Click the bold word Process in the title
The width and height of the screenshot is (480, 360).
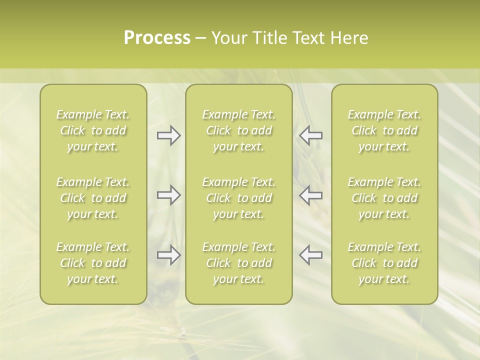[157, 38]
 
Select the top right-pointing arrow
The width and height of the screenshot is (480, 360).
[168, 135]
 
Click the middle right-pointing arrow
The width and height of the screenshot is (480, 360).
[168, 195]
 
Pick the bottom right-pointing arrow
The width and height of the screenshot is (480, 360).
[168, 255]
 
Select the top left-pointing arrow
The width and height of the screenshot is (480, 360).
[311, 135]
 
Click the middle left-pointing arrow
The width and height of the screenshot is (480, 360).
[311, 195]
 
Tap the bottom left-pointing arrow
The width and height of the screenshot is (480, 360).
[311, 255]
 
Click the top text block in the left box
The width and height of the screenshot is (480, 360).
[93, 130]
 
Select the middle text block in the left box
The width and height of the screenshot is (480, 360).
[93, 198]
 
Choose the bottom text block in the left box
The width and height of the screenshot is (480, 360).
[93, 263]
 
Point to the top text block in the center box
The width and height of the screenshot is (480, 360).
[239, 130]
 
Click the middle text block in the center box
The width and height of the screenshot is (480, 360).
[239, 198]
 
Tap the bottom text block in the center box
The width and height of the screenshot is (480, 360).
[239, 263]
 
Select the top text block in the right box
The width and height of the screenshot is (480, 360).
[384, 130]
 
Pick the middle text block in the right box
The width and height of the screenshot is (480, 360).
[384, 198]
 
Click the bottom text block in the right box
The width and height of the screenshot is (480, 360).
[384, 263]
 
